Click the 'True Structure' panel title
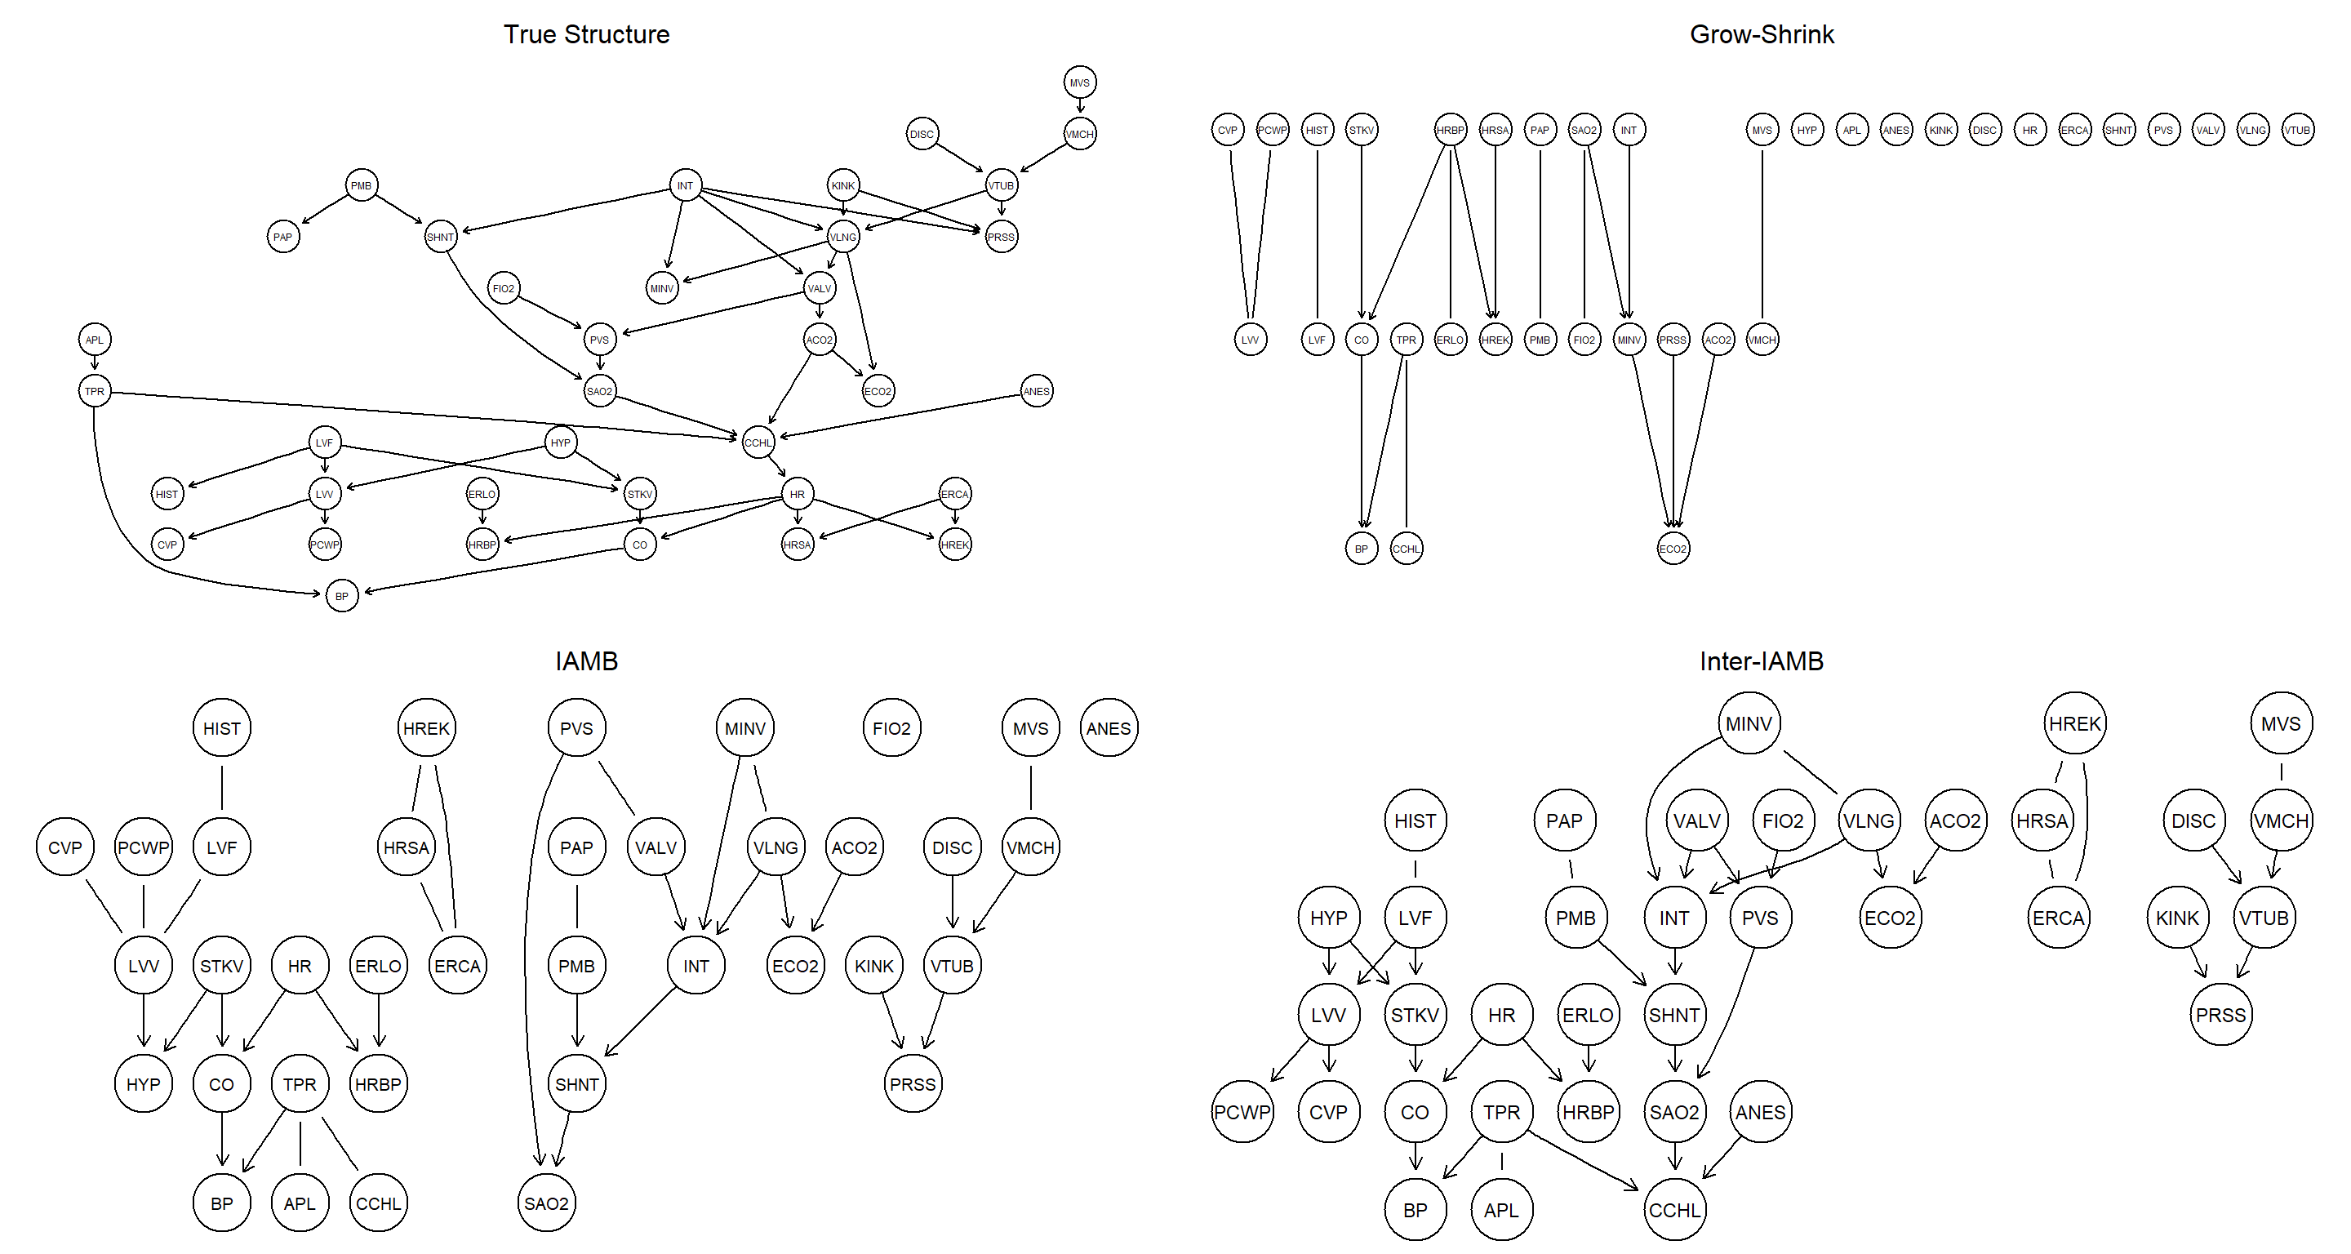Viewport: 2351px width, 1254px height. tap(586, 34)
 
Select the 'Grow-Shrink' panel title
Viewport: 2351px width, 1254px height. tap(1761, 34)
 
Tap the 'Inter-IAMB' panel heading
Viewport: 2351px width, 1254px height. tap(1761, 660)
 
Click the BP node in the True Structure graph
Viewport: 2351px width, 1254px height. tap(341, 596)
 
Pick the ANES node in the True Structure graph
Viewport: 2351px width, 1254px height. tap(1036, 392)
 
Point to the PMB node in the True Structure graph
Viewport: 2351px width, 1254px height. tap(362, 185)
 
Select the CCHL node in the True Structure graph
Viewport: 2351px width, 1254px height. tap(758, 442)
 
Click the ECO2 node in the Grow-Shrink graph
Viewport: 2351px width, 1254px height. tap(1673, 549)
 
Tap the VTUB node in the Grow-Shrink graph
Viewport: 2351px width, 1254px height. tap(2296, 130)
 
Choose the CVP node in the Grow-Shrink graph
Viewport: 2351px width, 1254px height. tap(1228, 130)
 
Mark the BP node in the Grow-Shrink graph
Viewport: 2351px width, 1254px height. tap(1361, 549)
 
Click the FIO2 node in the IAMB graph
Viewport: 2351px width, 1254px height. tap(891, 728)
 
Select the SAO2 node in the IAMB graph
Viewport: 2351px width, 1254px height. tap(546, 1203)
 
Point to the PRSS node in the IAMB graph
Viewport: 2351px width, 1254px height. tap(913, 1084)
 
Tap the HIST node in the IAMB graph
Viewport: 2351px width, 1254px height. tap(222, 728)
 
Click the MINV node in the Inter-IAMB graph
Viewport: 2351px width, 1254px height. tap(1748, 723)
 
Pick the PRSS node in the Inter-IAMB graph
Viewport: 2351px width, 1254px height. tap(2220, 1015)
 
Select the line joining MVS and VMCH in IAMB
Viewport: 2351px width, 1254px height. tap(1030, 787)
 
